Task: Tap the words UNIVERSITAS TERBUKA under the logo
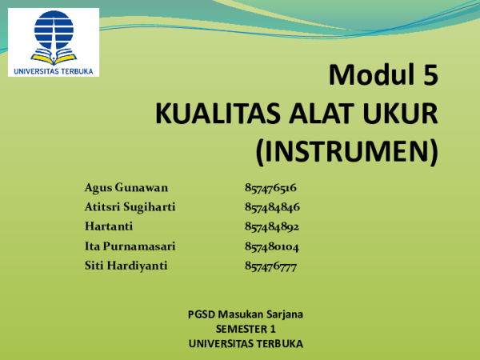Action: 54,70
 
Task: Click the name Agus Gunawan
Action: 126,188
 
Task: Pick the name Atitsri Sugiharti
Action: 130,207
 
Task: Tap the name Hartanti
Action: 109,226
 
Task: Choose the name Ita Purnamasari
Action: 130,246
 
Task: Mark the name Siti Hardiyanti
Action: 126,265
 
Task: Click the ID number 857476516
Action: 271,188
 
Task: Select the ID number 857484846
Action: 272,207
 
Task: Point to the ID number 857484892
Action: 272,226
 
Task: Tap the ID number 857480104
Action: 272,246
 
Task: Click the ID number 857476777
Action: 271,265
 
